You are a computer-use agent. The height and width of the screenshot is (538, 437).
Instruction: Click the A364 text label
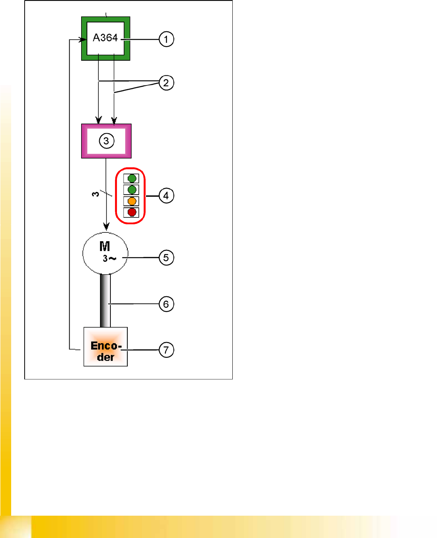(x=105, y=38)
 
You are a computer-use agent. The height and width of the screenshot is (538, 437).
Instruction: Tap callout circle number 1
(x=166, y=39)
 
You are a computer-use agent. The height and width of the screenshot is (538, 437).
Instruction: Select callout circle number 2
(x=166, y=83)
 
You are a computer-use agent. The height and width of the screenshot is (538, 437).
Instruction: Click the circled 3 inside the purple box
(x=106, y=141)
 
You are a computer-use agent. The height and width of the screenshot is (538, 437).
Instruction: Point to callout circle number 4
(x=166, y=195)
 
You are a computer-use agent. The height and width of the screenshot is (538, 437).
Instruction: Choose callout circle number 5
(x=166, y=257)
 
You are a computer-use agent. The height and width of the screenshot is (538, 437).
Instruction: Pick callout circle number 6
(x=166, y=304)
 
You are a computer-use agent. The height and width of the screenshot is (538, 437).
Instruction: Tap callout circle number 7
(x=166, y=350)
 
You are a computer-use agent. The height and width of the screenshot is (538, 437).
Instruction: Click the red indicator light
(x=132, y=212)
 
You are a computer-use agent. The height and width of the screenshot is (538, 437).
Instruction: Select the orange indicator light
(x=132, y=201)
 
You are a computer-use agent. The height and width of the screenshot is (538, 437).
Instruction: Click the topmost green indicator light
(x=132, y=179)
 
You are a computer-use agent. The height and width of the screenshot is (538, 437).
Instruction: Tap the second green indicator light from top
(x=132, y=190)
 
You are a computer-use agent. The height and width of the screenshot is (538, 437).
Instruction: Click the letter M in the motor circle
(x=105, y=246)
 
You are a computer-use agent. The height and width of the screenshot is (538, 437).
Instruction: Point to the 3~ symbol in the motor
(x=109, y=259)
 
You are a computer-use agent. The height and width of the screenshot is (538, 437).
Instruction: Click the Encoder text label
(x=106, y=351)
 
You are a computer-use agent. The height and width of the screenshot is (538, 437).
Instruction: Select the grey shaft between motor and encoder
(x=105, y=300)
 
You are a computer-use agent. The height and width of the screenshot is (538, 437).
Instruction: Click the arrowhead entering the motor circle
(x=106, y=227)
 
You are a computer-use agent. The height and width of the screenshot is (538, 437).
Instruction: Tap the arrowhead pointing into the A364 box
(x=83, y=39)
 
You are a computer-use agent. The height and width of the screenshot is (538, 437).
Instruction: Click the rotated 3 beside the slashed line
(x=95, y=194)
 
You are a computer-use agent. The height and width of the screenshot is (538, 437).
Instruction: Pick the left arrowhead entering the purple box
(x=99, y=120)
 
